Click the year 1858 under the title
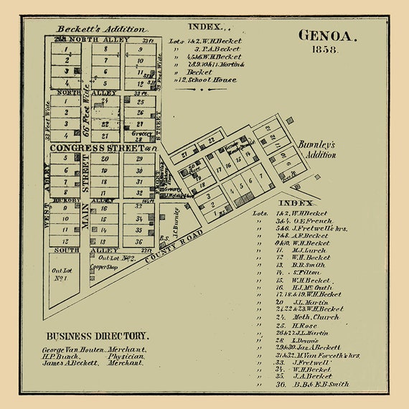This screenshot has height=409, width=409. [324, 50]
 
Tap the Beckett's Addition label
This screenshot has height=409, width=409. [101, 29]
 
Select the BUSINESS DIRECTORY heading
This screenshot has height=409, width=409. [98, 336]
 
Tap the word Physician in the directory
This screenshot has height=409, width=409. [126, 356]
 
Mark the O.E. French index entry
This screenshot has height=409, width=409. [302, 222]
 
